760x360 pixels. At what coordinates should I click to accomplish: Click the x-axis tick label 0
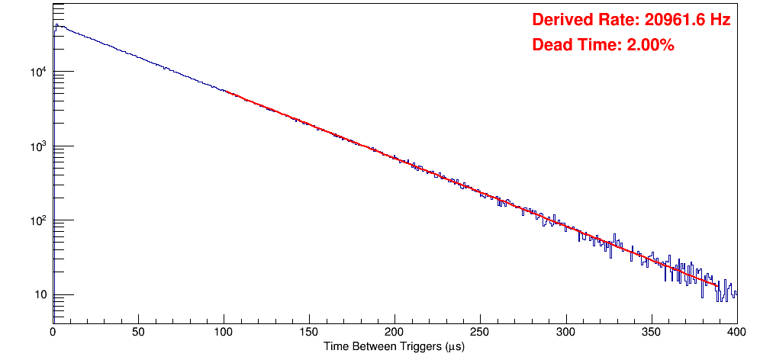53,332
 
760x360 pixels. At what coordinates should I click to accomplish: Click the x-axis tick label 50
138,332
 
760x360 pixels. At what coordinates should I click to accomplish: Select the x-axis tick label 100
224,332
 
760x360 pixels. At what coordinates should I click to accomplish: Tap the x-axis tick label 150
309,332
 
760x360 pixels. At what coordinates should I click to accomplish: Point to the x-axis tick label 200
394,332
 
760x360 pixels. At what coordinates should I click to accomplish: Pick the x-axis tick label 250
480,332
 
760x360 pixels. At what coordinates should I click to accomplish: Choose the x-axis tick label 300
565,332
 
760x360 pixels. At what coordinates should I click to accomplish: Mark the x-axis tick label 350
651,332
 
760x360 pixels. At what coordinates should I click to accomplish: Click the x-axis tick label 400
736,332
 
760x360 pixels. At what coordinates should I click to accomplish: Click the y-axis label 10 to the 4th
39,72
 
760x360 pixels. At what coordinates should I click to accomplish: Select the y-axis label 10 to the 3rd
39,146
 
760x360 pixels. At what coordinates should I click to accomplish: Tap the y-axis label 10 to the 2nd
39,221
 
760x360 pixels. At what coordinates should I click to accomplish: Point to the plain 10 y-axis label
40,296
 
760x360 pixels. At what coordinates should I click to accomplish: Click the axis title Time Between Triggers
394,346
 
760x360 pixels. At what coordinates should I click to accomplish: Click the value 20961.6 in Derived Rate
671,20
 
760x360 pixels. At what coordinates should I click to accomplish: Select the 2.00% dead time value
650,45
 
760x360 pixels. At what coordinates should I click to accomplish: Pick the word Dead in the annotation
551,45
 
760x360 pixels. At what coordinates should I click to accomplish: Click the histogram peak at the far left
56,25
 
